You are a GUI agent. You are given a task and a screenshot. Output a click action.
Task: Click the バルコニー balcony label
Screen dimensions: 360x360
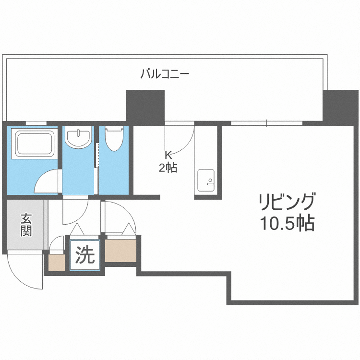click(x=165, y=74)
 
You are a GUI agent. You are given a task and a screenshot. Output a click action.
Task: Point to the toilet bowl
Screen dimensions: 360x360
click(x=113, y=139)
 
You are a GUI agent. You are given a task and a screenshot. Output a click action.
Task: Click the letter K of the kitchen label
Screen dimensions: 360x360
click(x=168, y=155)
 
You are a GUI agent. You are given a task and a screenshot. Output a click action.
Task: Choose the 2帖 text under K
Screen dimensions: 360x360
click(x=168, y=168)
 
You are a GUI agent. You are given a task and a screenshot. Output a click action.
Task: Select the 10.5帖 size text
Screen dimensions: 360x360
click(x=286, y=223)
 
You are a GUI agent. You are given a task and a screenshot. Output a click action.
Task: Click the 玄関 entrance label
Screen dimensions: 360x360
click(x=26, y=225)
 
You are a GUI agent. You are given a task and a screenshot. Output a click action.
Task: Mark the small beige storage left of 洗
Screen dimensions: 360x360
click(x=56, y=263)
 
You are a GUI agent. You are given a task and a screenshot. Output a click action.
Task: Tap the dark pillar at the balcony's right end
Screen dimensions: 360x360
click(x=340, y=106)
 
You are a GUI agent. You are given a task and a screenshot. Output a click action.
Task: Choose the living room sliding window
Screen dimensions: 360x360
click(x=266, y=123)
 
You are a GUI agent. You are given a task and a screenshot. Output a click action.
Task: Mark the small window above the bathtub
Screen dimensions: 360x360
click(x=36, y=123)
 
